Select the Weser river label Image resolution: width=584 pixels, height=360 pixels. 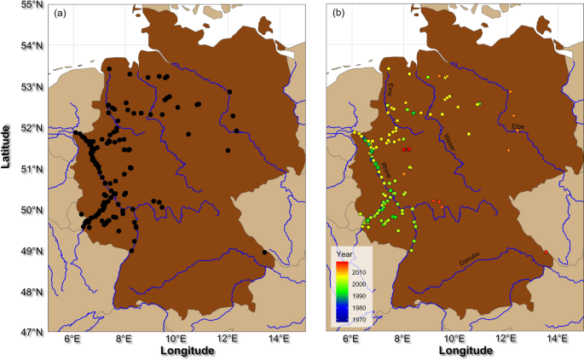pos(449,142)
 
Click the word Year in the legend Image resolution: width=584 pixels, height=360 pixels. pos(345,254)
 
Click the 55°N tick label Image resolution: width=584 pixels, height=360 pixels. pos(32,5)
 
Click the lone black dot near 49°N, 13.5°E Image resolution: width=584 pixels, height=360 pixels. pos(265,253)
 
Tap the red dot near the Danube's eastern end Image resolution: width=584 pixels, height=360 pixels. pos(546,252)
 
